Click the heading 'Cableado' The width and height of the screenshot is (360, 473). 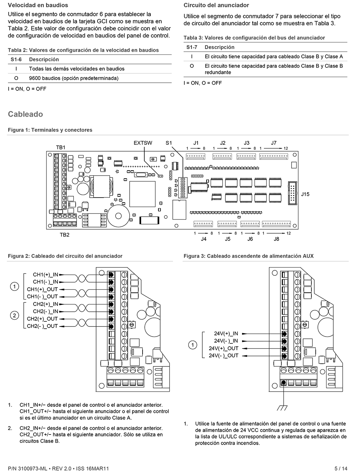pyautogui.click(x=25, y=114)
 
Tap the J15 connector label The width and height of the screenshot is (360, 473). pyautogui.click(x=305, y=194)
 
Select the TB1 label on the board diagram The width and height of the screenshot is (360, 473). pyautogui.click(x=60, y=147)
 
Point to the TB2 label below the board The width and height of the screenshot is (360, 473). pyautogui.click(x=64, y=235)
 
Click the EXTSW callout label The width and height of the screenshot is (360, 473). pyautogui.click(x=143, y=143)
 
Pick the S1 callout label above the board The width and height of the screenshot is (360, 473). pyautogui.click(x=169, y=143)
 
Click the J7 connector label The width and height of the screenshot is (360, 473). pyautogui.click(x=274, y=143)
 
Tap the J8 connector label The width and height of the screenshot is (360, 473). pyautogui.click(x=276, y=239)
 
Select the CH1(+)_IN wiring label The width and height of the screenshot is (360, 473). pyautogui.click(x=45, y=275)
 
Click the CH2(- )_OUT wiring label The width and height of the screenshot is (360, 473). pyautogui.click(x=42, y=326)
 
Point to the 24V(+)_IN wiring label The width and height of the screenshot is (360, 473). pyautogui.click(x=226, y=334)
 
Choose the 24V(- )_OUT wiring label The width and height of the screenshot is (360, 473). pyautogui.click(x=224, y=356)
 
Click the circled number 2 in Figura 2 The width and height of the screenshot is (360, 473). pyautogui.click(x=14, y=315)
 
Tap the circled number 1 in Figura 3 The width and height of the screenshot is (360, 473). pyautogui.click(x=193, y=345)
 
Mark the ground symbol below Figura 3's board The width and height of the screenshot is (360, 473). pyautogui.click(x=282, y=408)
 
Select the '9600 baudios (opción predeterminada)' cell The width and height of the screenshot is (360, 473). pyautogui.click(x=74, y=78)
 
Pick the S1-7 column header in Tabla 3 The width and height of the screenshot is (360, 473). pyautogui.click(x=192, y=47)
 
